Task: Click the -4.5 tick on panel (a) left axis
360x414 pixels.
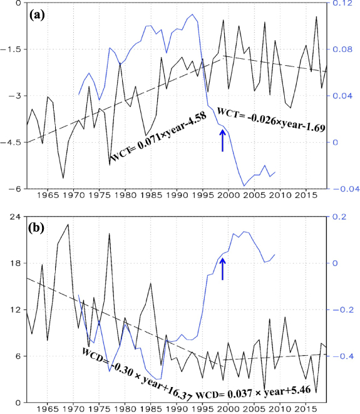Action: pos(12,142)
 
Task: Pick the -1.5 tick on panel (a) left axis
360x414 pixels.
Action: pos(12,49)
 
